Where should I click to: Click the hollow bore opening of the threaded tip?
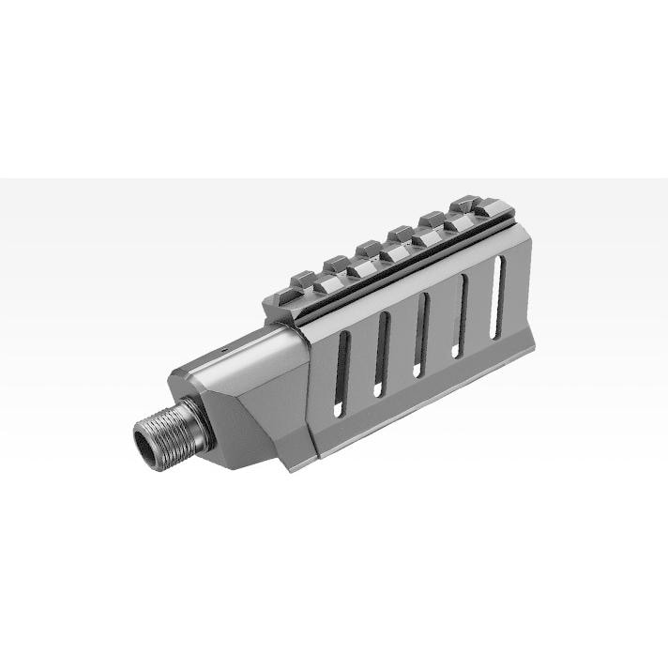(147, 443)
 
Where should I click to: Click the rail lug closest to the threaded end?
(302, 281)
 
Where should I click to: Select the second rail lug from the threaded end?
(336, 265)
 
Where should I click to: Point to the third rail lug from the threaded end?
(368, 249)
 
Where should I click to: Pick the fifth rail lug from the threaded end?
(432, 220)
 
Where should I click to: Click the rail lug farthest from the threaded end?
(465, 205)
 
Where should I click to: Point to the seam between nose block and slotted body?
(309, 394)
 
